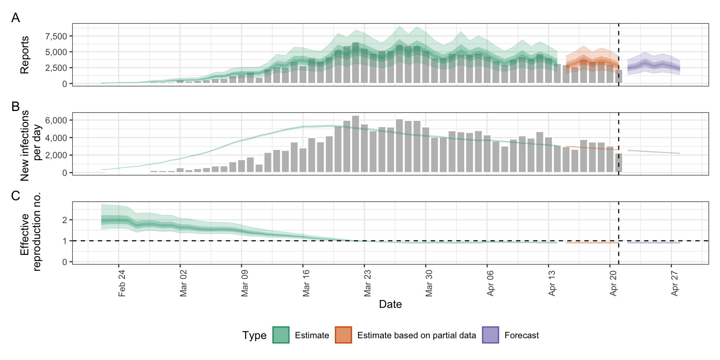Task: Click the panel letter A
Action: (15, 18)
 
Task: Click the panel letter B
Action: (15, 106)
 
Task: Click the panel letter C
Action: (15, 195)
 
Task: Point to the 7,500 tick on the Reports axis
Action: (56, 36)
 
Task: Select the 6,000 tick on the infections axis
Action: (56, 120)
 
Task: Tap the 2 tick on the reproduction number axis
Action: (65, 220)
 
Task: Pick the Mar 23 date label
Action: (367, 283)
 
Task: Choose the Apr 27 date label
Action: (675, 283)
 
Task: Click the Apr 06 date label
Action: (490, 283)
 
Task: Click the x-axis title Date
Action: (390, 304)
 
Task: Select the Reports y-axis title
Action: (25, 55)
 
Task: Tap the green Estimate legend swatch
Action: (281, 335)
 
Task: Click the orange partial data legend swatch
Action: (343, 335)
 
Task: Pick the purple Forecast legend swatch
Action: (490, 335)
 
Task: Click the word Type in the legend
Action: (254, 335)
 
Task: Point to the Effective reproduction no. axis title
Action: (30, 232)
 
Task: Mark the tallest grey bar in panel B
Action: (355, 144)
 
